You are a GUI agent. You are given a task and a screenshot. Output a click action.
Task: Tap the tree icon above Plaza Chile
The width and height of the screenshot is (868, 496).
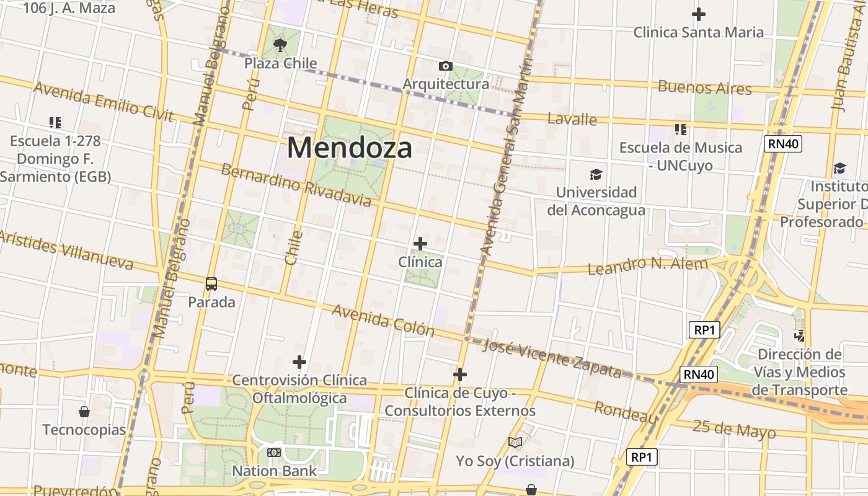[x=280, y=45]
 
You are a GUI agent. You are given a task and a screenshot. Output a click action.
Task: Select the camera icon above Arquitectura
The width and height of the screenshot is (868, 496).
[x=445, y=66]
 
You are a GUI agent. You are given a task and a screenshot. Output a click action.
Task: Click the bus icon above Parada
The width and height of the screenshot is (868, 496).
[x=211, y=284]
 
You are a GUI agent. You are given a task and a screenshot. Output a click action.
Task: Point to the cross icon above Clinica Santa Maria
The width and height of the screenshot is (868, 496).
[x=699, y=14]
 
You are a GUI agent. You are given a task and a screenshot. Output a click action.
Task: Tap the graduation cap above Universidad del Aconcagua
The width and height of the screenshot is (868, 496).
[x=596, y=174]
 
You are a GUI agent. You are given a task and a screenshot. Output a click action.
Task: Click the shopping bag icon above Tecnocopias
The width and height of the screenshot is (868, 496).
[x=84, y=412]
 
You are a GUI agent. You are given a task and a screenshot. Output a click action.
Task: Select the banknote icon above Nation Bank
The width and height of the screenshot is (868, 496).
[x=274, y=453]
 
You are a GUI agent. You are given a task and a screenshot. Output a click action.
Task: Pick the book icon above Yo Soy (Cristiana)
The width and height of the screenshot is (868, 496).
[x=515, y=442]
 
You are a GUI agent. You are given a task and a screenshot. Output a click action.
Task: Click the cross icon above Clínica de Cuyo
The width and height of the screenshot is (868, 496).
[x=460, y=374]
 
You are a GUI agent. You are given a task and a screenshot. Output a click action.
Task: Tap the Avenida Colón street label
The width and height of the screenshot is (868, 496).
[x=383, y=319]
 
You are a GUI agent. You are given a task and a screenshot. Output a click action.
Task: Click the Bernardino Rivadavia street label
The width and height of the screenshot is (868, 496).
[x=296, y=185]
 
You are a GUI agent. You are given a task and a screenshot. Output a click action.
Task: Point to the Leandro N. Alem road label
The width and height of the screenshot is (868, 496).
[x=647, y=266]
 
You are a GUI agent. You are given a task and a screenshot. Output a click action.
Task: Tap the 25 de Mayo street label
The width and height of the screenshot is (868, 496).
[x=734, y=429]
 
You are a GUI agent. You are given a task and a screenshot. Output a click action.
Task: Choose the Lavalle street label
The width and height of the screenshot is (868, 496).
[x=572, y=119]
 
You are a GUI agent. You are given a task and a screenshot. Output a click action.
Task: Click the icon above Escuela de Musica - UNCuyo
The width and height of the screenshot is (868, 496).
[x=681, y=130]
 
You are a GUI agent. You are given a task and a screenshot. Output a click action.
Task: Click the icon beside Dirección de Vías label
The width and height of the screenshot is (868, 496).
[x=800, y=336]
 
